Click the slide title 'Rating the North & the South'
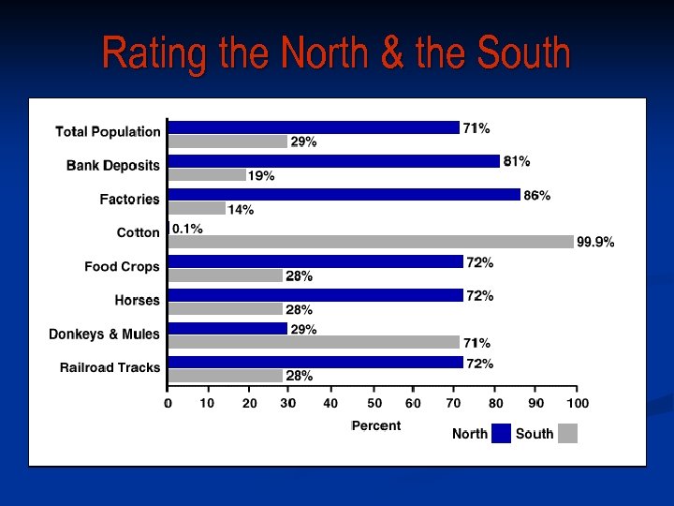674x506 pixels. [x=336, y=52]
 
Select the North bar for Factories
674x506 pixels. [x=344, y=195]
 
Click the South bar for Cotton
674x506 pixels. [x=371, y=242]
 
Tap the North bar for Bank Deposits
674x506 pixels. [x=333, y=161]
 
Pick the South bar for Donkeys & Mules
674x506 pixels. [x=314, y=343]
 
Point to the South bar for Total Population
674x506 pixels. [x=227, y=141]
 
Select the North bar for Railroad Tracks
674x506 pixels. [x=315, y=363]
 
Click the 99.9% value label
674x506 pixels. [x=595, y=242]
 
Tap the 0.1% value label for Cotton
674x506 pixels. [x=187, y=229]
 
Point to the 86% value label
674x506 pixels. [x=537, y=196]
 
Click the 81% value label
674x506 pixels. [x=517, y=161]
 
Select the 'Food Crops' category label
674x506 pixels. [x=122, y=267]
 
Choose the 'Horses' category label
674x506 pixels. [x=137, y=301]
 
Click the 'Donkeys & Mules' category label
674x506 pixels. [x=104, y=335]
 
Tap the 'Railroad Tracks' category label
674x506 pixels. [x=110, y=368]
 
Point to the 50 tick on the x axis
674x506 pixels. [x=374, y=404]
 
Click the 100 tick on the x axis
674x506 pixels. [x=577, y=404]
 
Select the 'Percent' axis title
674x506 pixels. [x=376, y=426]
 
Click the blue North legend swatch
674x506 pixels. [x=501, y=434]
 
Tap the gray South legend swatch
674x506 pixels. [x=567, y=434]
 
